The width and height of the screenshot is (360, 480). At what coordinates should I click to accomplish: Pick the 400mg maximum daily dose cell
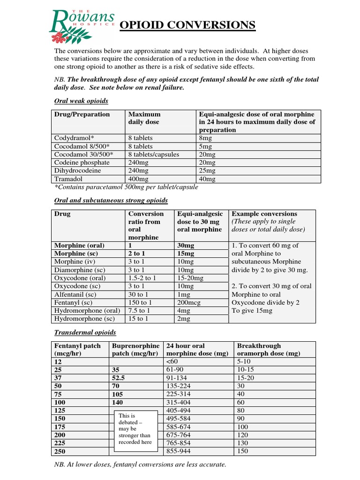(x=138, y=179)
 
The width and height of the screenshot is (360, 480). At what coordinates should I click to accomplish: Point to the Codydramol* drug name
(x=74, y=138)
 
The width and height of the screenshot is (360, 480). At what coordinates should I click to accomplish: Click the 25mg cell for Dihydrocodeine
(x=208, y=171)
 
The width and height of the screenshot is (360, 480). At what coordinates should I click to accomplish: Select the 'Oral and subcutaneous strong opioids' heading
(x=111, y=201)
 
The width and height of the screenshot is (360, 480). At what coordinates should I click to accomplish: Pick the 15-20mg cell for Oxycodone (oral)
(x=191, y=278)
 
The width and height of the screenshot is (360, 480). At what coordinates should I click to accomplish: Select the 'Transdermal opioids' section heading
(x=85, y=332)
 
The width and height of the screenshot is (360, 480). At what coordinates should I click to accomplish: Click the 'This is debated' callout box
(x=135, y=428)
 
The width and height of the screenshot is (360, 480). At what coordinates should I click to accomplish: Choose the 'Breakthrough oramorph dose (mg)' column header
(x=269, y=350)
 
